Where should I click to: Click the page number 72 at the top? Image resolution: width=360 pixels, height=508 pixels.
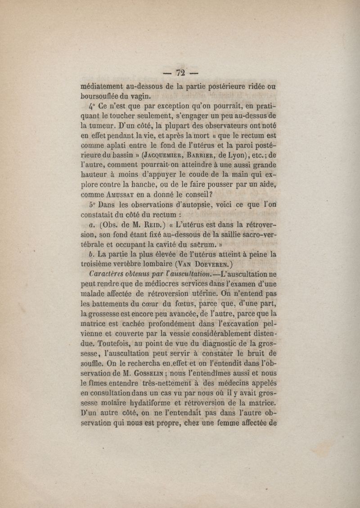click(x=181, y=72)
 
